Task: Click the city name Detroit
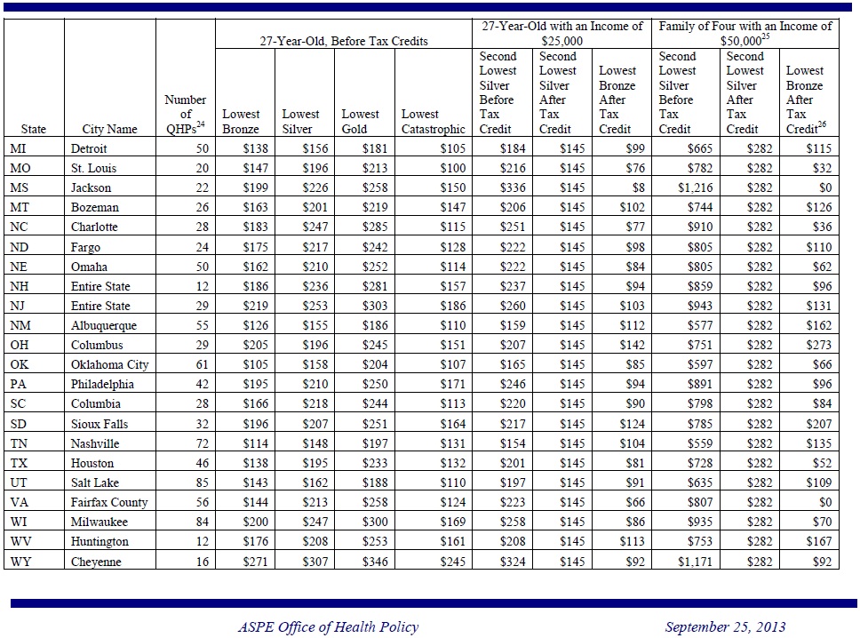[x=89, y=148]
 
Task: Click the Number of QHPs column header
[x=186, y=114]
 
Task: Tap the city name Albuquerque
[x=103, y=325]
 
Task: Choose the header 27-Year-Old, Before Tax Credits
[x=343, y=41]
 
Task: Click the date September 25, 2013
[x=725, y=627]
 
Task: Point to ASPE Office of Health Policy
[x=328, y=627]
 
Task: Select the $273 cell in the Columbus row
[x=818, y=345]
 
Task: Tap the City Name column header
[x=109, y=129]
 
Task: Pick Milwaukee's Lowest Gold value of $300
[x=376, y=522]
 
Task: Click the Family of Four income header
[x=745, y=33]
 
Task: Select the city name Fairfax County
[x=109, y=502]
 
